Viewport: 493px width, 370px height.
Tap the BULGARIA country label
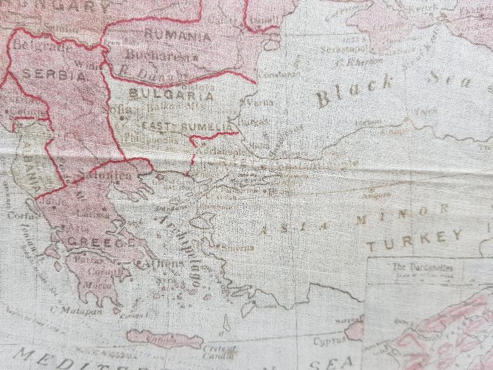pos(172,96)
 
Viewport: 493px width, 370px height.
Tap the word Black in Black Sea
pos(354,89)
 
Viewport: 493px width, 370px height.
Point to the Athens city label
pos(166,265)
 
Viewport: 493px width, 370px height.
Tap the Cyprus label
pos(327,340)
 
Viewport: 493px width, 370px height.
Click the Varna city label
pos(260,103)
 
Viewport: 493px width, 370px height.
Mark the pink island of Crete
pos(164,339)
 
